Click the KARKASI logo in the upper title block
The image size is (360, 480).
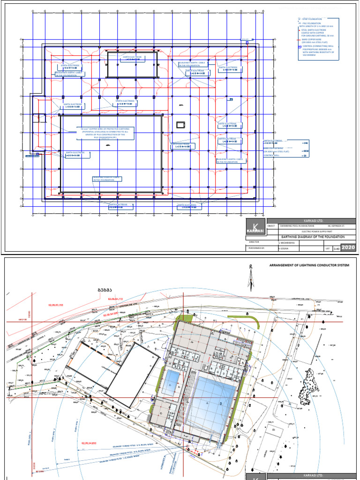point(256,228)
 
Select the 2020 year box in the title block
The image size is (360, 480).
point(348,247)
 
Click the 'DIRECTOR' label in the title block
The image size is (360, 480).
point(255,242)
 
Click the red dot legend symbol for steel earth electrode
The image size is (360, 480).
point(299,30)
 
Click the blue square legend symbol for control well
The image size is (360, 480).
point(299,46)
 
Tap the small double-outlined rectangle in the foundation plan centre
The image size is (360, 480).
point(180,124)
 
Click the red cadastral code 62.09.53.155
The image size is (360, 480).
point(59,305)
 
